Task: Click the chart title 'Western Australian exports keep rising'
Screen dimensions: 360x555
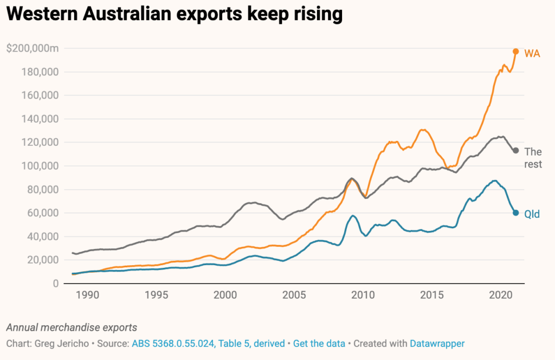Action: click(175, 15)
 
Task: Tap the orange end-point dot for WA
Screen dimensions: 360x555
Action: click(516, 52)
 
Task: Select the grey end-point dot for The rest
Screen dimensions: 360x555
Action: click(516, 150)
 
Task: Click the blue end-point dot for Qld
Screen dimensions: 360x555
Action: click(516, 213)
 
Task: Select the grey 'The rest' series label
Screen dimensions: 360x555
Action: click(533, 158)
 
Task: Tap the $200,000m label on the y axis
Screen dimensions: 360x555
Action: click(33, 49)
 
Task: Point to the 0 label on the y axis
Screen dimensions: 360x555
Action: click(55, 284)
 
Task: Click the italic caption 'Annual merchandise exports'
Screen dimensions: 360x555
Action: click(72, 327)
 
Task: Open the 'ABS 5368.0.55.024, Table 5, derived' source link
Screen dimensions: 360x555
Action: click(208, 344)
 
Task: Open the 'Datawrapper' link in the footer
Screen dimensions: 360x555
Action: click(437, 344)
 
